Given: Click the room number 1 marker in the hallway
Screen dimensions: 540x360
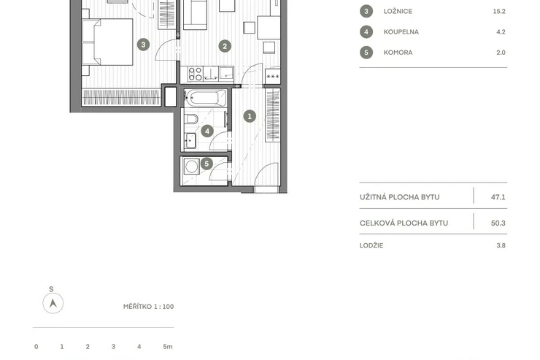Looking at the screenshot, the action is tap(250, 116).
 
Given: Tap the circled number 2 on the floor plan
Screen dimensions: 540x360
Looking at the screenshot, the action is tap(225, 46).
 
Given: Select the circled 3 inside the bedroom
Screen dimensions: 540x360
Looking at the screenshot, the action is tap(143, 45).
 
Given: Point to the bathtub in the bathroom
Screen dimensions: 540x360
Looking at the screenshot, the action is tap(205, 98).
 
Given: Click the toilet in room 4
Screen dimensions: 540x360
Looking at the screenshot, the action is tap(190, 119).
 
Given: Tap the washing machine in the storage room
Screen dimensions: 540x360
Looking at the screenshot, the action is tap(191, 166).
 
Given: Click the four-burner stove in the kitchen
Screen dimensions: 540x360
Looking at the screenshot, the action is tap(196, 74).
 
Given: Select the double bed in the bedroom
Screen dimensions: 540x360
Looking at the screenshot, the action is tap(107, 42).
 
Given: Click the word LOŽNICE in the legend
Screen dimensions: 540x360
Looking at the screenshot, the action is tap(398, 12).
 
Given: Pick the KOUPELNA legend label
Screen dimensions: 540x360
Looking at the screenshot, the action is tap(401, 32).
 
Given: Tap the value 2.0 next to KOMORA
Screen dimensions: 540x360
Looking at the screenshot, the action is tap(501, 53).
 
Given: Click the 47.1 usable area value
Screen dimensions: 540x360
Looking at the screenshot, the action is tap(498, 197).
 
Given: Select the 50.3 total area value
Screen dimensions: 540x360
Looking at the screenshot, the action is tap(498, 223).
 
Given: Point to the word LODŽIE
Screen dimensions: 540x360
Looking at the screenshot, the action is tap(371, 245).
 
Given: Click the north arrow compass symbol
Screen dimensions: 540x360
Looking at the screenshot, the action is tap(53, 303).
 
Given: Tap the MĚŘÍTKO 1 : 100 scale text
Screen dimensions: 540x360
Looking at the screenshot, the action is tap(148, 307).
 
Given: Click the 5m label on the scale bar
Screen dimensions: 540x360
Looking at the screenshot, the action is tap(168, 347).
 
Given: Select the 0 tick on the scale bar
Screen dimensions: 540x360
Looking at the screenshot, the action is tap(36, 347).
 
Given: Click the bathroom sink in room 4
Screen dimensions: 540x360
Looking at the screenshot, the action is tap(190, 141).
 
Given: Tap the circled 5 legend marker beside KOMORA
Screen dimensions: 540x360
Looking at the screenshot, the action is tap(366, 53).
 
